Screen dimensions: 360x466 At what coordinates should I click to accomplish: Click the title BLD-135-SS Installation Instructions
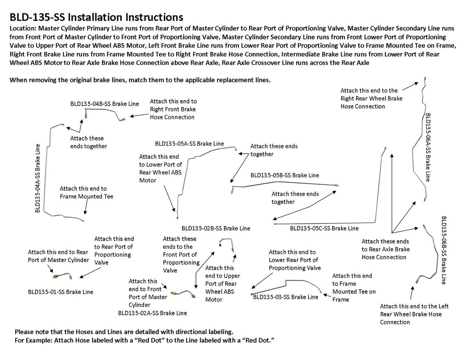coord(96,17)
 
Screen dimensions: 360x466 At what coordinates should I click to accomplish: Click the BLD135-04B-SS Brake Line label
coord(104,104)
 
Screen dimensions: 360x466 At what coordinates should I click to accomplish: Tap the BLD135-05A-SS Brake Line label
coord(189,143)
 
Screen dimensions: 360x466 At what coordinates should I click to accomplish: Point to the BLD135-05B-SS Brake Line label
coord(284,175)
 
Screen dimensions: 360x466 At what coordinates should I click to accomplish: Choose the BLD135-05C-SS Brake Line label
coord(324,229)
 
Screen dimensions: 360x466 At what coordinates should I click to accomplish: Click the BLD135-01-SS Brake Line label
coord(60,292)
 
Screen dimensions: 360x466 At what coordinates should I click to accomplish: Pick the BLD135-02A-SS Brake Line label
coord(153,313)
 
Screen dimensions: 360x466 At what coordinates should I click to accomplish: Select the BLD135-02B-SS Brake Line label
coord(216,229)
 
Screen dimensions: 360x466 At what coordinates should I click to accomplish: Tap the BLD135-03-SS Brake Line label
coord(285,297)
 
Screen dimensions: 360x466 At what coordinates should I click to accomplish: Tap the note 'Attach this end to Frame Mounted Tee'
coord(86,193)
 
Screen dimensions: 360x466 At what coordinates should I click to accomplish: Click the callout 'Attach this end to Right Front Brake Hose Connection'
coord(173,109)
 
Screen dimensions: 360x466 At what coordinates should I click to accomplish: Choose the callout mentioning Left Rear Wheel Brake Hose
coord(414,314)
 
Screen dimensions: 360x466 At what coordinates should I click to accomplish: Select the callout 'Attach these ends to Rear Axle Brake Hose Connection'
coord(386,249)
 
